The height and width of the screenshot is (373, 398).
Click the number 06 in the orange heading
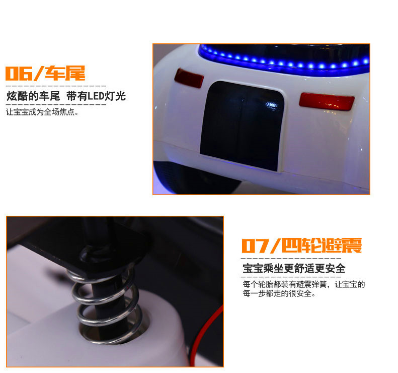(x=19, y=74)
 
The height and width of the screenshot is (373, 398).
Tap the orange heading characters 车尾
(x=65, y=73)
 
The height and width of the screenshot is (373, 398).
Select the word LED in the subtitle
(x=96, y=96)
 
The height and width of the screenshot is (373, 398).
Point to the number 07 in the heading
(x=255, y=245)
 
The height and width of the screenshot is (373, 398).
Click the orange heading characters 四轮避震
(x=322, y=245)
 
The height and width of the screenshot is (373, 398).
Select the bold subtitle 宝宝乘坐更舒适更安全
(x=294, y=269)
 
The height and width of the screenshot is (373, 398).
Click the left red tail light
(x=189, y=78)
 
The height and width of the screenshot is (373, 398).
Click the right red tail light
(x=327, y=101)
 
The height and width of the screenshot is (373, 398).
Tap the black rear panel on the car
(x=242, y=126)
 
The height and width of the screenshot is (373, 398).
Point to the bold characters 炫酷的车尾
(x=33, y=96)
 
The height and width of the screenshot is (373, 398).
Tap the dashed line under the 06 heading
(x=56, y=86)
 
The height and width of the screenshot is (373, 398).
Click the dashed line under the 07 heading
(x=291, y=258)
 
